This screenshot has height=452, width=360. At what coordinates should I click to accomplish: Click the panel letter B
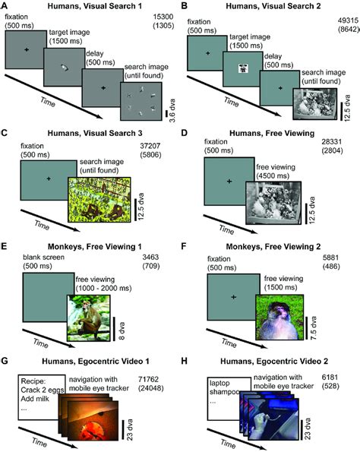(x=185, y=6)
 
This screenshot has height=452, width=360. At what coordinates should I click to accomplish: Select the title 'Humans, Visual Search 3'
(x=95, y=133)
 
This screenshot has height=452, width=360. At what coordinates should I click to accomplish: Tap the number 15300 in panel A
(x=163, y=17)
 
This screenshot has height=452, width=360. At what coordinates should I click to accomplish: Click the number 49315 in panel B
(x=348, y=21)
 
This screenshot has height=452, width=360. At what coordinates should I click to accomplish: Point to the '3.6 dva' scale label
(x=172, y=111)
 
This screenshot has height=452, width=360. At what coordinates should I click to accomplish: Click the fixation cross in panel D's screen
(x=229, y=182)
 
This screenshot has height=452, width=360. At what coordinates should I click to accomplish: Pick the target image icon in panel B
(x=244, y=69)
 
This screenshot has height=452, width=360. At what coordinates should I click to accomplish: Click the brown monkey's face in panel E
(x=86, y=305)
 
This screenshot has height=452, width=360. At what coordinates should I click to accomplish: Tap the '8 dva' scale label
(x=122, y=330)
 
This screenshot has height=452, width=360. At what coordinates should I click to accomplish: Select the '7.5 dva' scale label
(x=314, y=328)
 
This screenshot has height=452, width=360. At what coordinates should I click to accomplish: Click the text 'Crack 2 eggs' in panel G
(x=43, y=390)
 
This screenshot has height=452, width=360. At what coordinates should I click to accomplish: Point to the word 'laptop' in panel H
(x=219, y=383)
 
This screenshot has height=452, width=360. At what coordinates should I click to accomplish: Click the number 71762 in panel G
(x=148, y=380)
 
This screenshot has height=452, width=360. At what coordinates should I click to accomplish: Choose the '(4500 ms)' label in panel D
(x=273, y=175)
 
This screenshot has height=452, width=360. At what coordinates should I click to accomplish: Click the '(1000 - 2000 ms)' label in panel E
(x=103, y=288)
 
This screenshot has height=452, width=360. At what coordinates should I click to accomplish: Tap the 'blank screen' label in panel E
(x=43, y=257)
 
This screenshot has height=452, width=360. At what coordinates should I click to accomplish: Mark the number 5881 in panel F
(x=330, y=258)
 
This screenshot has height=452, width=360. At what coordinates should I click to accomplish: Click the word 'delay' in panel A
(x=94, y=54)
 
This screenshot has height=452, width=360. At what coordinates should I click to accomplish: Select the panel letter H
(x=185, y=361)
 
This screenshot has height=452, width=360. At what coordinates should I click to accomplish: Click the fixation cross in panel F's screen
(x=233, y=297)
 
